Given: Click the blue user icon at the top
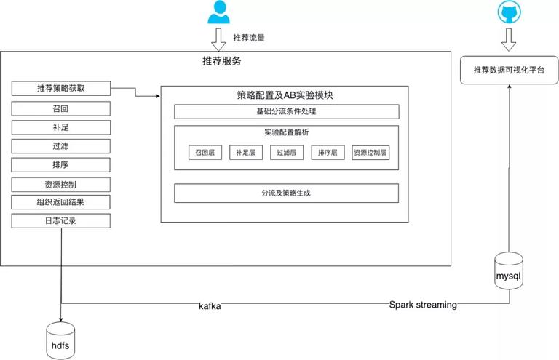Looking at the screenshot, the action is (x=218, y=12).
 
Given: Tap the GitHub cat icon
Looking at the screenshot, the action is (x=509, y=12).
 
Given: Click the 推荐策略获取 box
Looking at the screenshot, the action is (x=61, y=88).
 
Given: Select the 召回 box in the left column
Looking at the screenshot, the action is (x=61, y=108).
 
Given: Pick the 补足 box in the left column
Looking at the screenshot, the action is (x=61, y=127).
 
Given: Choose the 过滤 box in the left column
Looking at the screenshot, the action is (x=61, y=146).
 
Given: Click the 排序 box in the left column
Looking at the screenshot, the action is (x=61, y=165).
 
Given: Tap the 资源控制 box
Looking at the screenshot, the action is (x=61, y=185).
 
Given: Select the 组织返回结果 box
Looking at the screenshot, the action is (x=61, y=202).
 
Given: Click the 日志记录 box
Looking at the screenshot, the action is (x=61, y=221).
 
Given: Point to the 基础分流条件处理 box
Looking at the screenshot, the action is (x=287, y=111).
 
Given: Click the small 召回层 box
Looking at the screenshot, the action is (x=205, y=153).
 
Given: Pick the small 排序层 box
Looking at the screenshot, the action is (x=328, y=153).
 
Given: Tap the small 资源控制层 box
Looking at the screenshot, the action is (x=370, y=153).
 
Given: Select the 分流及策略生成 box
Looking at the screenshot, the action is (x=286, y=193).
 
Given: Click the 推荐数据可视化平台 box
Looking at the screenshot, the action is (x=509, y=70).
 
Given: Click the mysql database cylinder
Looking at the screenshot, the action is (x=509, y=271).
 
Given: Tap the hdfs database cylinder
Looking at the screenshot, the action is (x=60, y=340).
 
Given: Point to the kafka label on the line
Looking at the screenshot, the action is (x=210, y=306).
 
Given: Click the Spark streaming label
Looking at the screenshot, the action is (x=423, y=305).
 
